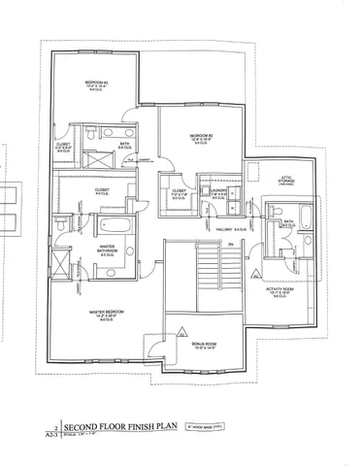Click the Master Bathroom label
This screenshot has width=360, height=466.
point(108,250)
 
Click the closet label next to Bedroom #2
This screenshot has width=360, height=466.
point(179,192)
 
